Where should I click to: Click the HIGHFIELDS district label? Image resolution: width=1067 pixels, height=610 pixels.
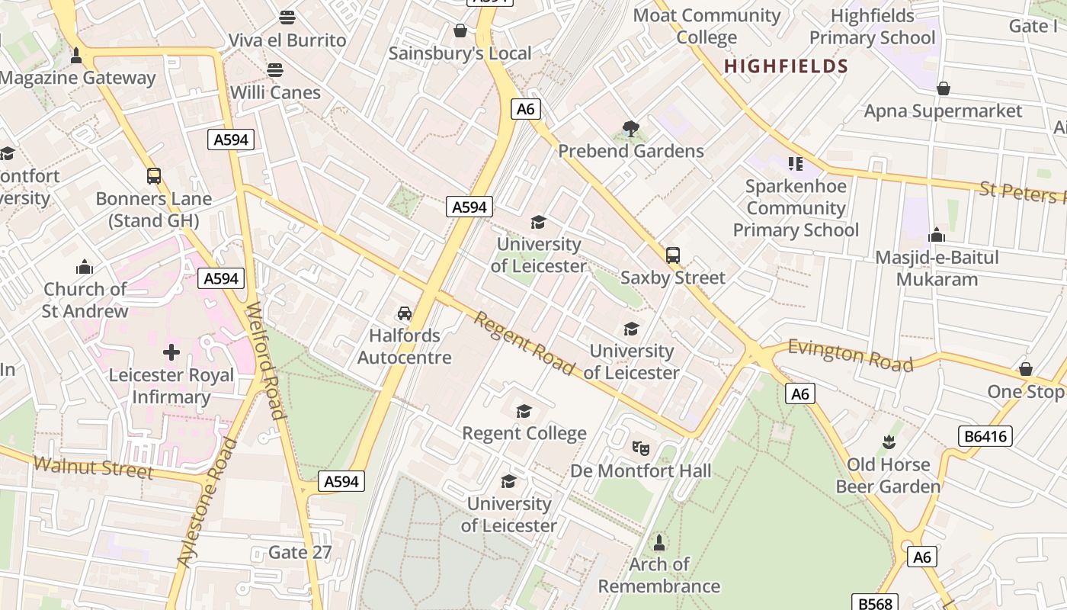point(786,66)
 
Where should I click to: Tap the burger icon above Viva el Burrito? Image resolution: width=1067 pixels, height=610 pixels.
point(287,17)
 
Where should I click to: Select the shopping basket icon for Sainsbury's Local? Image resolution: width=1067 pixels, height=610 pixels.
point(460,30)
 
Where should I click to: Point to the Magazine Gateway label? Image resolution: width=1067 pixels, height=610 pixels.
point(78,78)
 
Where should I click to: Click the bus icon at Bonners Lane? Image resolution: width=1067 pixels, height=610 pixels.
point(154,176)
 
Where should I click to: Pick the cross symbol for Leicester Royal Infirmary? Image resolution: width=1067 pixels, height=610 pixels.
point(171,352)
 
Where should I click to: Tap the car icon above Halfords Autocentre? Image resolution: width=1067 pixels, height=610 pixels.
point(405,313)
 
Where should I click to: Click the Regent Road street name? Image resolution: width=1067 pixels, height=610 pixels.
point(524,343)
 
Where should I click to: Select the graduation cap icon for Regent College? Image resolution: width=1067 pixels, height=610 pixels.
point(524,412)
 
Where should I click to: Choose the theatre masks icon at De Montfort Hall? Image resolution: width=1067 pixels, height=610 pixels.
point(640,448)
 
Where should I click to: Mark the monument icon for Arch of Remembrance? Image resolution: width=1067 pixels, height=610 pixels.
point(659,542)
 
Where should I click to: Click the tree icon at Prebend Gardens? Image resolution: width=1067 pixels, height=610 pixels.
point(630,129)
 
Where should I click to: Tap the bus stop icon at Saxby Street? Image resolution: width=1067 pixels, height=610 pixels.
point(673,255)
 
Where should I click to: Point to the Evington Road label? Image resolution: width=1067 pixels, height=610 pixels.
point(850,355)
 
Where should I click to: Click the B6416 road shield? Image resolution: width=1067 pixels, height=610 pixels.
point(985,436)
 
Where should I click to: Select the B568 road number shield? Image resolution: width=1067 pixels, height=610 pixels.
point(873,603)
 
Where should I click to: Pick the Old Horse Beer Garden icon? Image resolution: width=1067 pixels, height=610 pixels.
point(888,442)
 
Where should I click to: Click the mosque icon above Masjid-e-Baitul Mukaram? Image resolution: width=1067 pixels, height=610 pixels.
point(937,235)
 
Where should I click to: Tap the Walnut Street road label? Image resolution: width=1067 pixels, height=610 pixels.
point(93,467)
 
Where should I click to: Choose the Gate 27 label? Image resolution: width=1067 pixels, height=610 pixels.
point(300,552)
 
